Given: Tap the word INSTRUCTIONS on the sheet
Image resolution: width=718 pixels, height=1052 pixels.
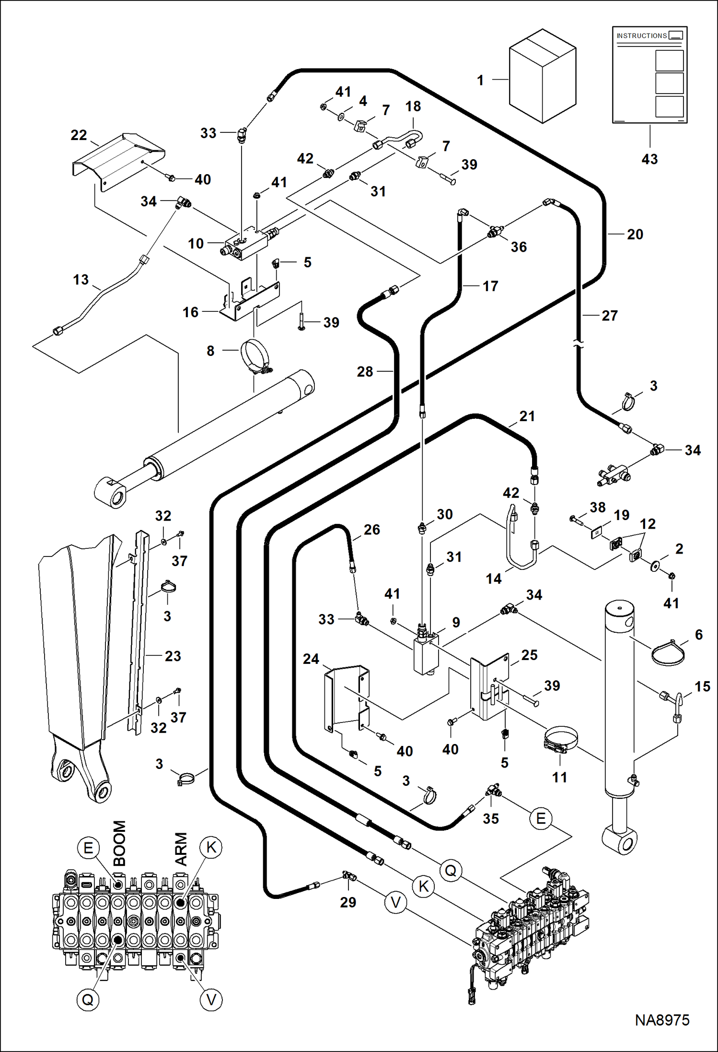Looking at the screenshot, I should click(641, 36).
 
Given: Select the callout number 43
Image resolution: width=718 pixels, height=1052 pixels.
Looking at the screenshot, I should click(649, 159).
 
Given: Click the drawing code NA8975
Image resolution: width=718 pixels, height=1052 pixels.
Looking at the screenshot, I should click(662, 1020).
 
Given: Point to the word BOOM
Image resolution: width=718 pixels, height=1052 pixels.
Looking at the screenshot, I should click(119, 843).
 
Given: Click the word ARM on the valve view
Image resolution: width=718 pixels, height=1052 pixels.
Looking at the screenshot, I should click(181, 849).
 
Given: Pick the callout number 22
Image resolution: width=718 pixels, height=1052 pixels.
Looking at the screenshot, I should click(79, 135).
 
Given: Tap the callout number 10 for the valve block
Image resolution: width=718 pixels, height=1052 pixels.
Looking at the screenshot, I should click(196, 244).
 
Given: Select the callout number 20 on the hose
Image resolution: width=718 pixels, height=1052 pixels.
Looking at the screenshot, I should click(635, 235).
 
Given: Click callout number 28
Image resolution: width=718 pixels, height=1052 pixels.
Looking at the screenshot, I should click(365, 372).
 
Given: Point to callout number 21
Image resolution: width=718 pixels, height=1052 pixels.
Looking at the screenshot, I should click(527, 416).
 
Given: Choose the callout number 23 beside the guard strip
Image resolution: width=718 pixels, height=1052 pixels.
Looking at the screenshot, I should click(173, 656).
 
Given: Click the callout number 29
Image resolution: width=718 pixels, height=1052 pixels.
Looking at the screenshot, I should click(348, 902).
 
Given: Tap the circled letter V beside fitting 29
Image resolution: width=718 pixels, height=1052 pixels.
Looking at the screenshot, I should click(395, 903).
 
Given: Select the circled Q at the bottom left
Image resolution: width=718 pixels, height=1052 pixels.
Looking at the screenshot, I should click(88, 1000).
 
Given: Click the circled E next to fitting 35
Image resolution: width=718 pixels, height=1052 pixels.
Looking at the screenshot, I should click(541, 818).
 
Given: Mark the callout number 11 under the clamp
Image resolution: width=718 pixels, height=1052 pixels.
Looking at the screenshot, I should click(559, 777).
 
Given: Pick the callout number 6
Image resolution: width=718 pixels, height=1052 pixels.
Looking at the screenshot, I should click(699, 635).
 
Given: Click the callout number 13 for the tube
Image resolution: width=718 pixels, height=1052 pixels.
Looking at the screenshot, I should click(81, 280).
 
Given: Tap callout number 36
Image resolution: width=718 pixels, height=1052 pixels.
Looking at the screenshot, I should click(519, 247).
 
